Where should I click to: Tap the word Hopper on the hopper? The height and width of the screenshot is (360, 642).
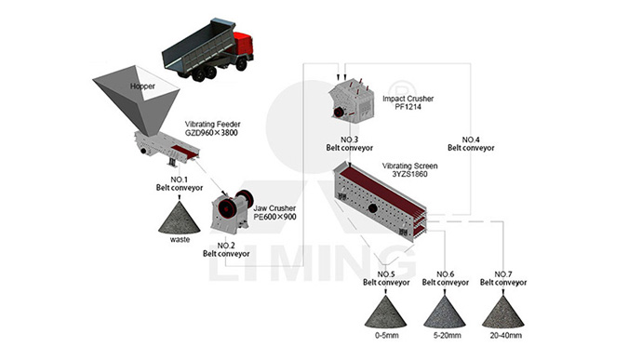pyautogui.click(x=142, y=86)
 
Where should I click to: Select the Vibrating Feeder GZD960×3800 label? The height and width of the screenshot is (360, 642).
pyautogui.click(x=212, y=128)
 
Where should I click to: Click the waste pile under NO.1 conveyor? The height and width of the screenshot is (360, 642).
pyautogui.click(x=179, y=218)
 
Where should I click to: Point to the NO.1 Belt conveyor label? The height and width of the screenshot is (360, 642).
pyautogui.click(x=180, y=183)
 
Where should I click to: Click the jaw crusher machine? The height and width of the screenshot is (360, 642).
pyautogui.click(x=231, y=211)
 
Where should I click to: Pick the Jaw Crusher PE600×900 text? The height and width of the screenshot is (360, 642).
pyautogui.click(x=274, y=213)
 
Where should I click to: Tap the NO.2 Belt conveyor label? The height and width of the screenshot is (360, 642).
pyautogui.click(x=226, y=249)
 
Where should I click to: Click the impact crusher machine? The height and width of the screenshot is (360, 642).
pyautogui.click(x=352, y=101)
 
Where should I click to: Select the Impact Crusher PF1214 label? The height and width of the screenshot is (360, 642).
pyautogui.click(x=408, y=102)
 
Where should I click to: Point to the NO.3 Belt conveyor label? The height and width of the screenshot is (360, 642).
pyautogui.click(x=349, y=144)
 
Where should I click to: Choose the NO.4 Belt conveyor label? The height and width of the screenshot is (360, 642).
pyautogui.click(x=471, y=144)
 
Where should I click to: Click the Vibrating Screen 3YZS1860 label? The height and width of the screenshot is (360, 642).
pyautogui.click(x=409, y=170)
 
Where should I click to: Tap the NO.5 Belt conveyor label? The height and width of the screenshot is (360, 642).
pyautogui.click(x=386, y=278)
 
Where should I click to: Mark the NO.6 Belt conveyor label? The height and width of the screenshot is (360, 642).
pyautogui.click(x=446, y=278)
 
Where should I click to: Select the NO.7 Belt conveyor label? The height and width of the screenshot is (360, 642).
pyautogui.click(x=503, y=278)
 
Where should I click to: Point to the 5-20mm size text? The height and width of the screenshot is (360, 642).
pyautogui.click(x=448, y=336)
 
